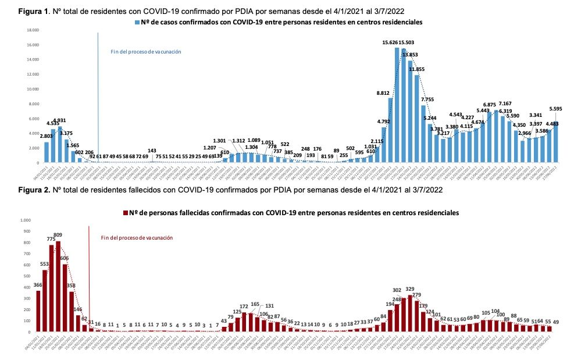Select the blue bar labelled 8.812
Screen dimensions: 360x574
(390, 130)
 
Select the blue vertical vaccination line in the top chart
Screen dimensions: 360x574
(98, 93)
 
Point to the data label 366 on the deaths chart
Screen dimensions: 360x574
(38, 284)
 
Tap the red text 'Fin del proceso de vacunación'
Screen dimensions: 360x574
(137, 237)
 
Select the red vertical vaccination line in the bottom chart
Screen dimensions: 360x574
(88, 273)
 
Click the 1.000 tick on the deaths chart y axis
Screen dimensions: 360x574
(24, 220)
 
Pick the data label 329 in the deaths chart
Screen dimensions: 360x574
(411, 289)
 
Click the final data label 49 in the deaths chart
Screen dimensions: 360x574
(556, 322)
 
